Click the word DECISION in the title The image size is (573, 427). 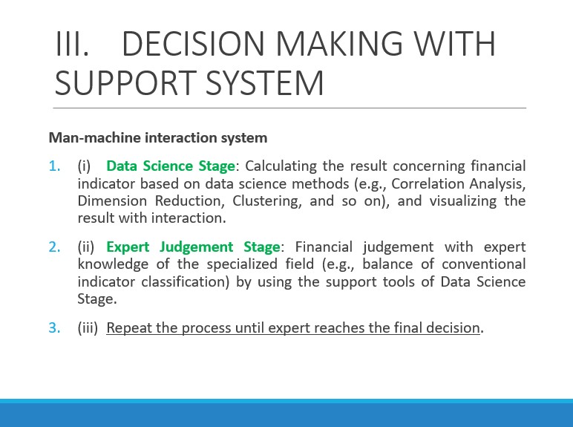pos(192,44)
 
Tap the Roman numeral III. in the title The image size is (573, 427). pos(72,44)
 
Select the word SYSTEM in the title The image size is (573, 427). pos(265,82)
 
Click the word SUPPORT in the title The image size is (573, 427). pos(124,82)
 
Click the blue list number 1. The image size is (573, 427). pos(54,166)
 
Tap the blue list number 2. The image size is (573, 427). pos(54,247)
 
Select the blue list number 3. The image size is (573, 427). pos(54,328)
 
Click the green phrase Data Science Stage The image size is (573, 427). pos(171,166)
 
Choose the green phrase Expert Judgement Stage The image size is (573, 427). pos(193,247)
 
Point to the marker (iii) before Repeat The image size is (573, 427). pos(88,328)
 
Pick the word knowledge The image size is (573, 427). pos(113,264)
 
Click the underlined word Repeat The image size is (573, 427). pos(129,328)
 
